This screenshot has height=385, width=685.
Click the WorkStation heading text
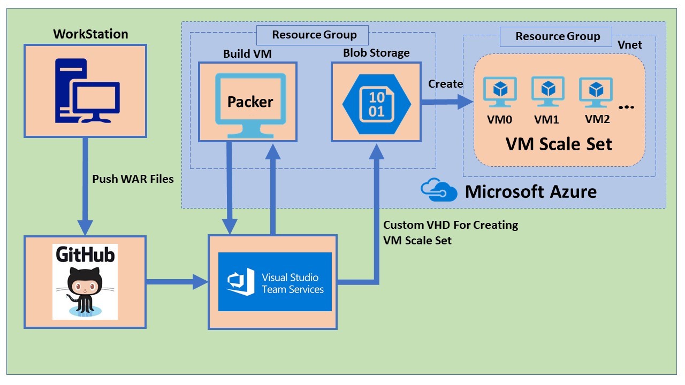[90, 34]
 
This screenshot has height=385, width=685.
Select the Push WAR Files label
[133, 179]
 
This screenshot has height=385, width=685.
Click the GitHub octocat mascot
[85, 291]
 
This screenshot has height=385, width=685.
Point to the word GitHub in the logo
[85, 255]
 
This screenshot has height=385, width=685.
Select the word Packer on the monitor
[250, 102]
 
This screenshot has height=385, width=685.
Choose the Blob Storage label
[376, 53]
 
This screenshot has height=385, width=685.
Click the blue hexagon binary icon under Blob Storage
[377, 104]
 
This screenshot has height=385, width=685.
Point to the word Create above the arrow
[445, 84]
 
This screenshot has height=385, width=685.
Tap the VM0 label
[499, 120]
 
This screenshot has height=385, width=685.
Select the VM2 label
[597, 119]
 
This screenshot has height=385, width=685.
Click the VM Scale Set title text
[559, 144]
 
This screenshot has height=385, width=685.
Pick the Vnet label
[630, 45]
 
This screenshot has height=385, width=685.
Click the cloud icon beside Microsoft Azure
[439, 190]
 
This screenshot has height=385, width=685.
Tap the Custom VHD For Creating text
[451, 225]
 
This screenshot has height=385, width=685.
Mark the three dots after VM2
[626, 107]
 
